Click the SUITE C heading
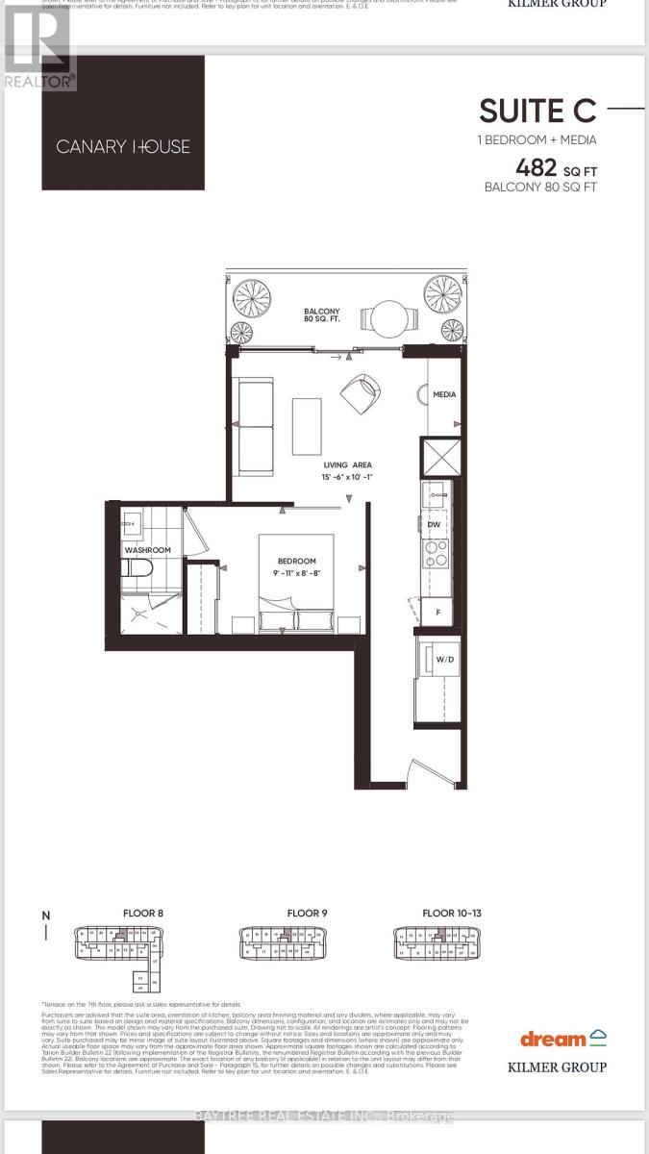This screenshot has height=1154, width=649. tap(538, 112)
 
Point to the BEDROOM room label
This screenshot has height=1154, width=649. tap(296, 562)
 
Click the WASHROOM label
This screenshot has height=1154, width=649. tap(147, 550)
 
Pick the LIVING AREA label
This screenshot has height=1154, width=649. tap(347, 464)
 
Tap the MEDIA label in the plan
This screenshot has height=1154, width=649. tap(444, 394)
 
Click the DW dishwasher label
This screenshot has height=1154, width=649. tap(435, 525)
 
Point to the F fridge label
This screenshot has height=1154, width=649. tap(437, 611)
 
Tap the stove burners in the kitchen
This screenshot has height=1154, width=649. tap(436, 553)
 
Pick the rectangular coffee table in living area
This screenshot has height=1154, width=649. tap(307, 427)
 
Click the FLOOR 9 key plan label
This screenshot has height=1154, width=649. tap(307, 913)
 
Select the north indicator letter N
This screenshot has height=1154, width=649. tap(45, 916)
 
